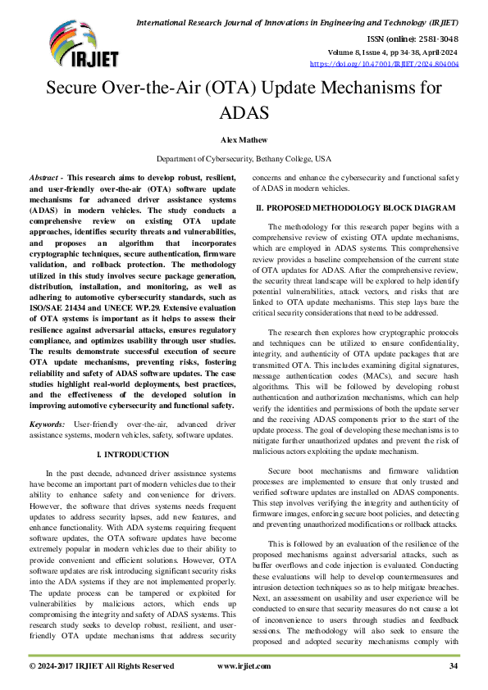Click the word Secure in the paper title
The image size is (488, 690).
pos(75,89)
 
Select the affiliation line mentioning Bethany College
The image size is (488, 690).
pos(244,158)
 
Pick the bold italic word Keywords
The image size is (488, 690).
pos(47,424)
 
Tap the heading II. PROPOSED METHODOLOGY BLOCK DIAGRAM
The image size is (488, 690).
pos(355,209)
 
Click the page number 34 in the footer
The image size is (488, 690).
pos(454,666)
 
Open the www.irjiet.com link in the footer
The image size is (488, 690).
pos(244,666)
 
